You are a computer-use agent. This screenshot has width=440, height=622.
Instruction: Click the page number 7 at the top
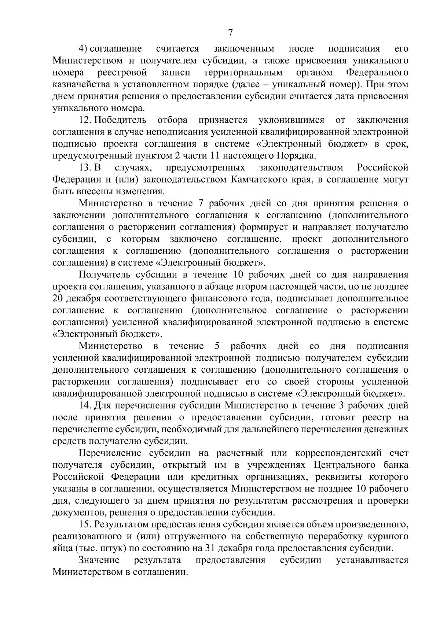pyautogui.click(x=230, y=33)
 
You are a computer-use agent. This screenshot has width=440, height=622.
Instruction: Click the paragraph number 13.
pyautogui.click(x=84, y=168)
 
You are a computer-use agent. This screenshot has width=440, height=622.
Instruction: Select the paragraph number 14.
pyautogui.click(x=85, y=405)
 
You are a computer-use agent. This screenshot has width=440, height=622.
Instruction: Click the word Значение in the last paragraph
pyautogui.click(x=99, y=560)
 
